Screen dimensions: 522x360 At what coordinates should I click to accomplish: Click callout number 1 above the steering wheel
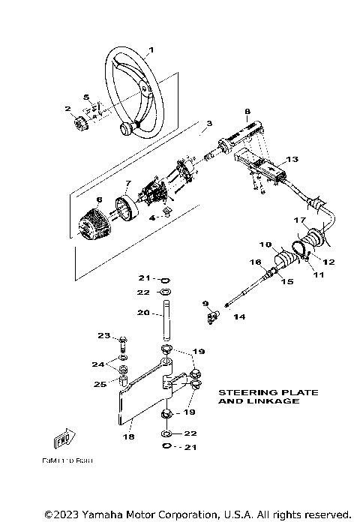coord(151,50)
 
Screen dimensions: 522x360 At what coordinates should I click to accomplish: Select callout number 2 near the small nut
coord(67,109)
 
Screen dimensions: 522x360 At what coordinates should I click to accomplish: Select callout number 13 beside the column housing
coord(292,159)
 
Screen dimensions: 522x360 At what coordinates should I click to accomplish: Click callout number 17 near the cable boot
coord(298,220)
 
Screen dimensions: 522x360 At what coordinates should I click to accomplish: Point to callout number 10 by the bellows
coord(265,245)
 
